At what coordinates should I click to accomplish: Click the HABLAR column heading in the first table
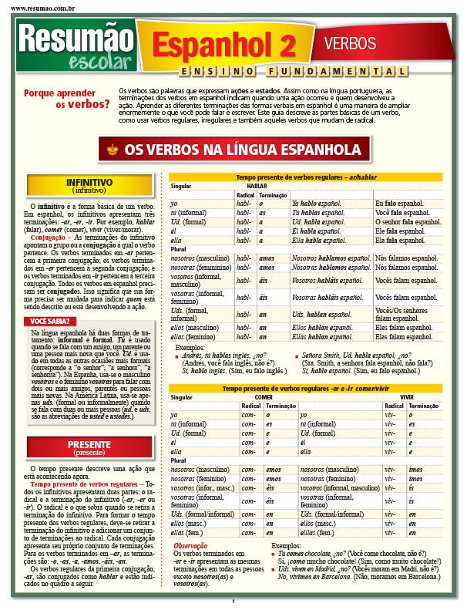tap(257, 186)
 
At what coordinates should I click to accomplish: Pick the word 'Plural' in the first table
tap(179, 250)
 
